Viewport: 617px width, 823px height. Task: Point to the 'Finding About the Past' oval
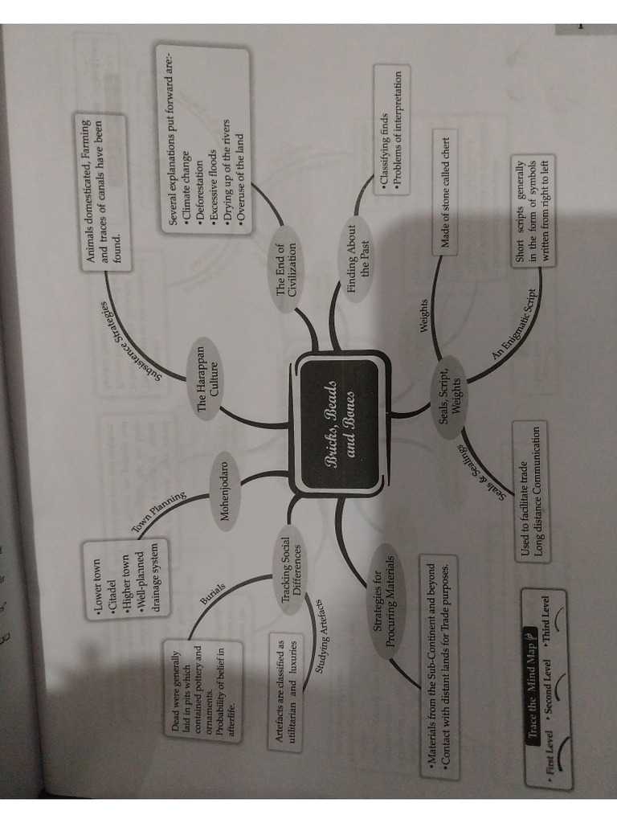tap(358, 260)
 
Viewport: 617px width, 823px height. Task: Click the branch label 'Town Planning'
tap(159, 512)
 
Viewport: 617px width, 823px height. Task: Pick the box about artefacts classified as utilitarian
tap(287, 690)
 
